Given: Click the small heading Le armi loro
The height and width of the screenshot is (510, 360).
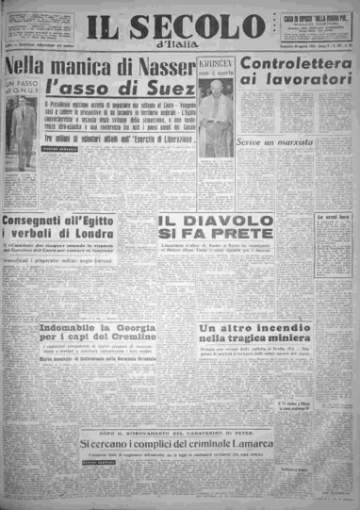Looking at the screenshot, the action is (333, 214).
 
